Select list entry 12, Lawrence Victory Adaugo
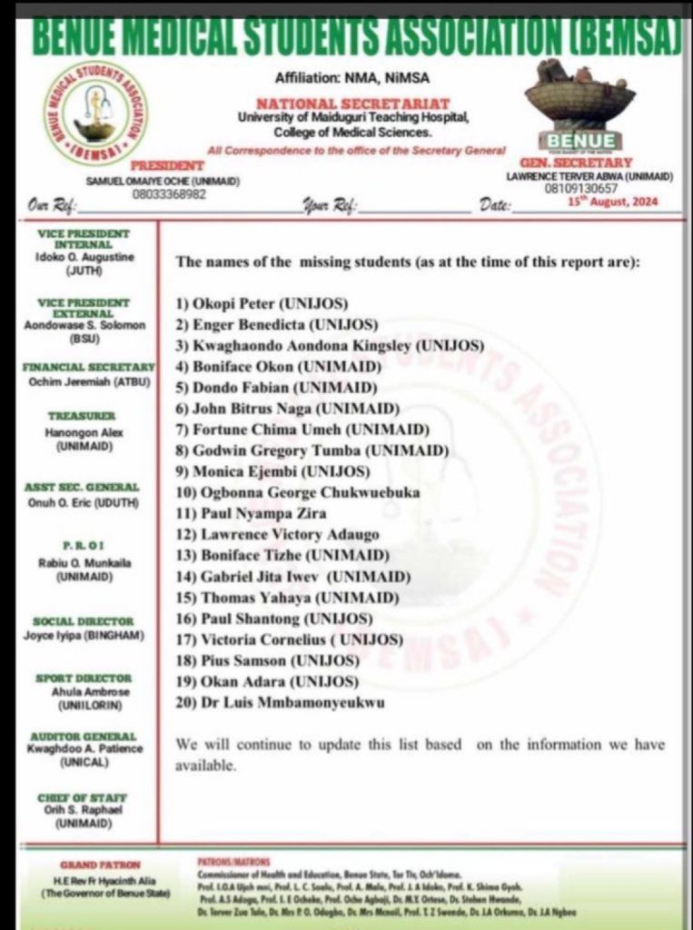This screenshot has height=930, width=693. click(277, 535)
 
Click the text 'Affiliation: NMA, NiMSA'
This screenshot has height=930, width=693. click(344, 79)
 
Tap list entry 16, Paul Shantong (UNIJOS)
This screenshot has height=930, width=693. click(274, 619)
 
